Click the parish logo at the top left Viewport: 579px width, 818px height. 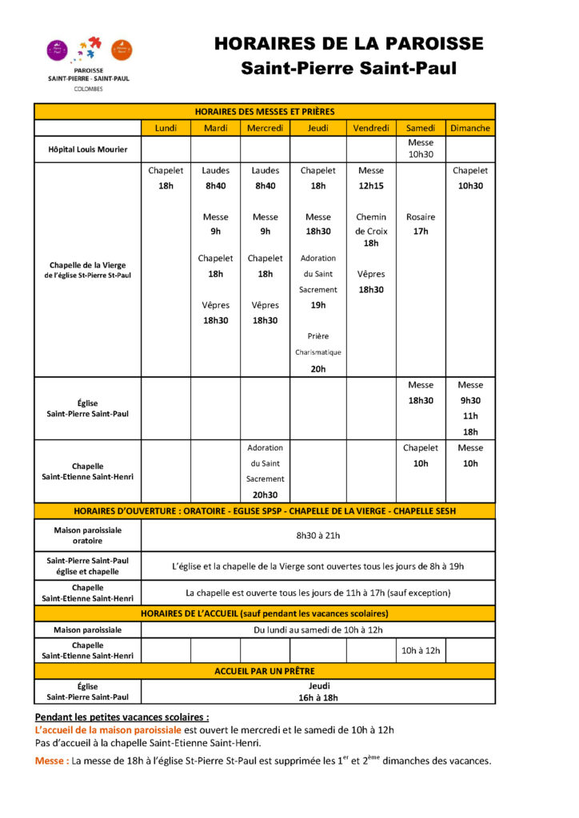click(x=88, y=62)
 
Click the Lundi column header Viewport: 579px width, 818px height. click(x=166, y=128)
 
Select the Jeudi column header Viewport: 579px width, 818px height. click(x=318, y=128)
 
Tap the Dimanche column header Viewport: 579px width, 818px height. click(x=470, y=128)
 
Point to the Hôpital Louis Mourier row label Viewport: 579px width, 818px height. click(x=87, y=149)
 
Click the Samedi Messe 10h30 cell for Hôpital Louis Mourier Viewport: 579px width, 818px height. click(x=421, y=149)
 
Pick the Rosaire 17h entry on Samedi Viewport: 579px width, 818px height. click(x=421, y=224)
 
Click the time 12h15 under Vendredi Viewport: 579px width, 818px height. click(x=371, y=185)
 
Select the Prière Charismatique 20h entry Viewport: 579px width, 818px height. click(x=318, y=352)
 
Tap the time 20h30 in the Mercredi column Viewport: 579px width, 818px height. click(x=266, y=494)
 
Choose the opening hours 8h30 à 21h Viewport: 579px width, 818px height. click(x=318, y=535)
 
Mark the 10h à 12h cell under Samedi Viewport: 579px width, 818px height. click(x=421, y=650)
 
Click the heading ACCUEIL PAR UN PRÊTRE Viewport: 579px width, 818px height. click(x=265, y=671)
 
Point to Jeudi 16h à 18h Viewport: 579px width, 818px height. click(x=318, y=691)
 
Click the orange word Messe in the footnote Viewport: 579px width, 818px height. click(x=51, y=760)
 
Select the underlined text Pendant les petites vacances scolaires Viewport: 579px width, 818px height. click(x=122, y=717)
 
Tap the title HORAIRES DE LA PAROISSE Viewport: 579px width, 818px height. click(x=349, y=44)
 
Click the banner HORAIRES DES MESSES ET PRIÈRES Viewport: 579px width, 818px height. click(x=265, y=112)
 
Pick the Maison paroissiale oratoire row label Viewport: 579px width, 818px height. click(x=87, y=535)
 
